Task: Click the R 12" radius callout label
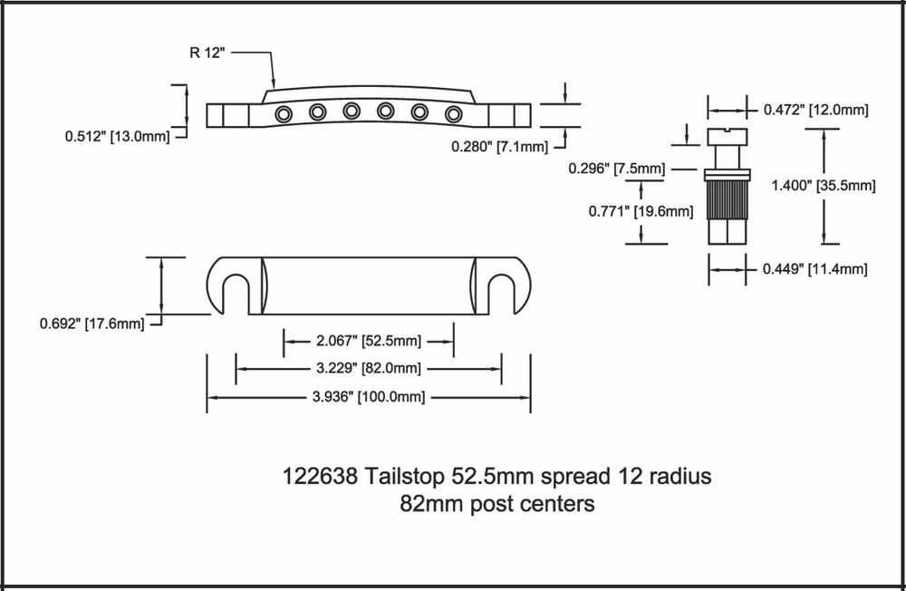[205, 52]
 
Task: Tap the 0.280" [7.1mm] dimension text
[499, 147]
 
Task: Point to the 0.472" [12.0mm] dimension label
[815, 110]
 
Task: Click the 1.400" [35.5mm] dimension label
[822, 186]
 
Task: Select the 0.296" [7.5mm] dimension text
[616, 169]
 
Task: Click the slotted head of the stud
[728, 137]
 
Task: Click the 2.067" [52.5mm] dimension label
[368, 342]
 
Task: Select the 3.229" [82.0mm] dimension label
[368, 368]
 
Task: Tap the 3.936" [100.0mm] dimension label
[368, 397]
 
